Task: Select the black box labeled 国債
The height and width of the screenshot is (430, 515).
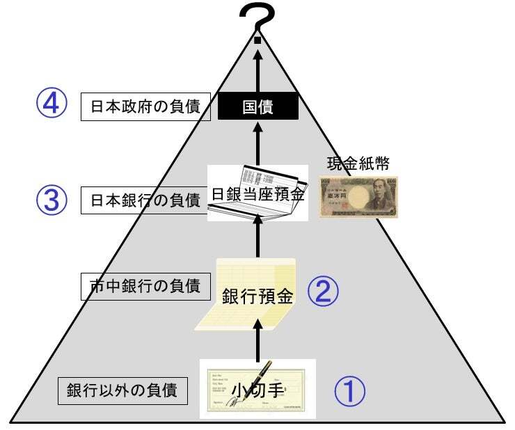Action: [258, 106]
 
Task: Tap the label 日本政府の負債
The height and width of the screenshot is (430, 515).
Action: [145, 106]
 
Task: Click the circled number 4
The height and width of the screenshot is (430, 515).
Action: [51, 104]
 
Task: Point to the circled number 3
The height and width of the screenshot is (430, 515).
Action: [51, 200]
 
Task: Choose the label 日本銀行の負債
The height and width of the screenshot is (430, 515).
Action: [145, 200]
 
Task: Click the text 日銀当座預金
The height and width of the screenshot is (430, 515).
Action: [257, 194]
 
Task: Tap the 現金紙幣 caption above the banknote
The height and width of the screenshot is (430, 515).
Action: [358, 164]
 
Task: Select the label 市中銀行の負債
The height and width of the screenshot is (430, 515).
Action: [145, 286]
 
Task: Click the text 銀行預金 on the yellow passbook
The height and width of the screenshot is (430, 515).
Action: [257, 296]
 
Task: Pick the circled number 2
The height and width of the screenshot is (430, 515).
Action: [323, 291]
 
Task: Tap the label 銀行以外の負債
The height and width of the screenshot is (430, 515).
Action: [122, 390]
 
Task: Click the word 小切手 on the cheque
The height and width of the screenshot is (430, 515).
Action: [257, 390]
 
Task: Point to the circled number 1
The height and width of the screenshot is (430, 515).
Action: [350, 391]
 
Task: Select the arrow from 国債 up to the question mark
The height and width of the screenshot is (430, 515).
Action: [257, 71]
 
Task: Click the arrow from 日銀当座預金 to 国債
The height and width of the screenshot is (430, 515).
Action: [257, 143]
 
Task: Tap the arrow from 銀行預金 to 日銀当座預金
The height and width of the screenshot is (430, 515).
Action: [257, 236]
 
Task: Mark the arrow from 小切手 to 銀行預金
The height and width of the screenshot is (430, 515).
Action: [257, 340]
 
